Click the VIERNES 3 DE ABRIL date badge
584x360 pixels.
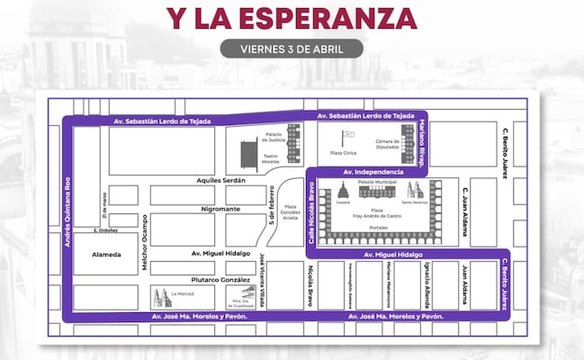pos(292,47)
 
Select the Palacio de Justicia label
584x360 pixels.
pos(274,137)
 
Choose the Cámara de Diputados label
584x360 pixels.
pos(389,147)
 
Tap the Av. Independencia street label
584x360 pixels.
pos(372,171)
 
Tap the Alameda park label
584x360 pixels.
pos(106,254)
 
